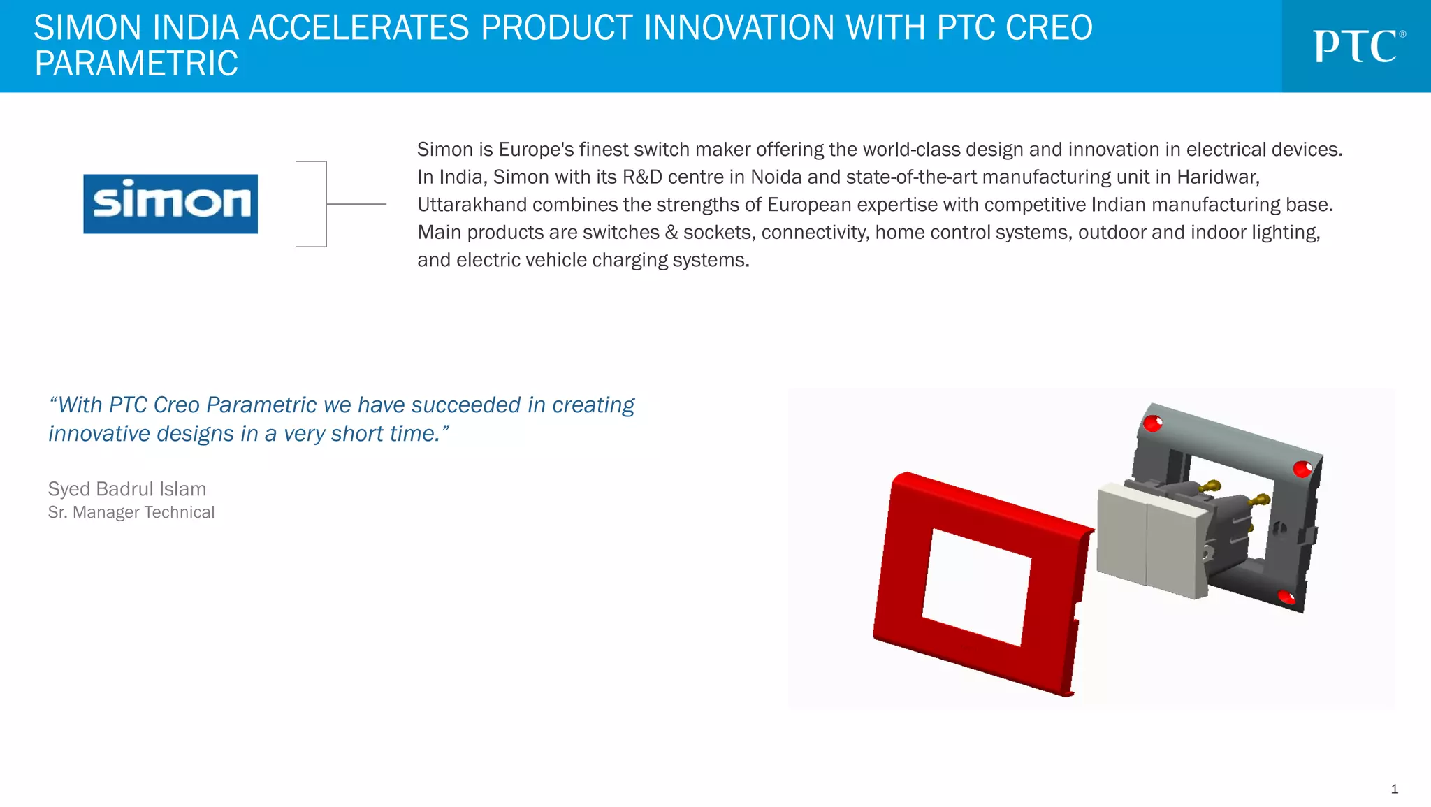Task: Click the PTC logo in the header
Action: (1358, 47)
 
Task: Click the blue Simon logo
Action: (170, 203)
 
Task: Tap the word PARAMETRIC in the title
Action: (136, 64)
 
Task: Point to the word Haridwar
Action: (1217, 177)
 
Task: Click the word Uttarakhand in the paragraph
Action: (472, 205)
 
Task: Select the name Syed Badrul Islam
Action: (126, 488)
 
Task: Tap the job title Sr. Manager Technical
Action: (131, 512)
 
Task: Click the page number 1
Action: (1394, 789)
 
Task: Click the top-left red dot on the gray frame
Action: (1152, 423)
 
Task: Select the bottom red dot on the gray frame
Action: (1286, 597)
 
